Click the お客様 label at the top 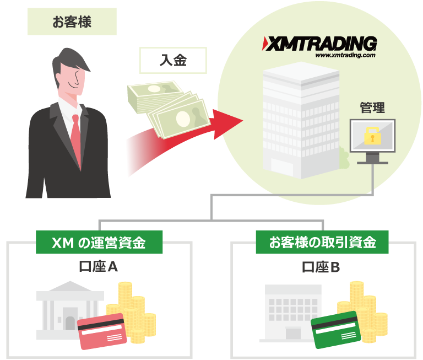coord(72,23)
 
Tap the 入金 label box coord(173,60)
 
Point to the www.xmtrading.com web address coord(345,55)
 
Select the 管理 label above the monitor coord(372,108)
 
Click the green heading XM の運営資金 coord(99,243)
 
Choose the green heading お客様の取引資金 coord(322,243)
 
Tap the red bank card coord(102,332)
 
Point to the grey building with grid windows coord(295,311)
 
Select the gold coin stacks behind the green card coord(366,309)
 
